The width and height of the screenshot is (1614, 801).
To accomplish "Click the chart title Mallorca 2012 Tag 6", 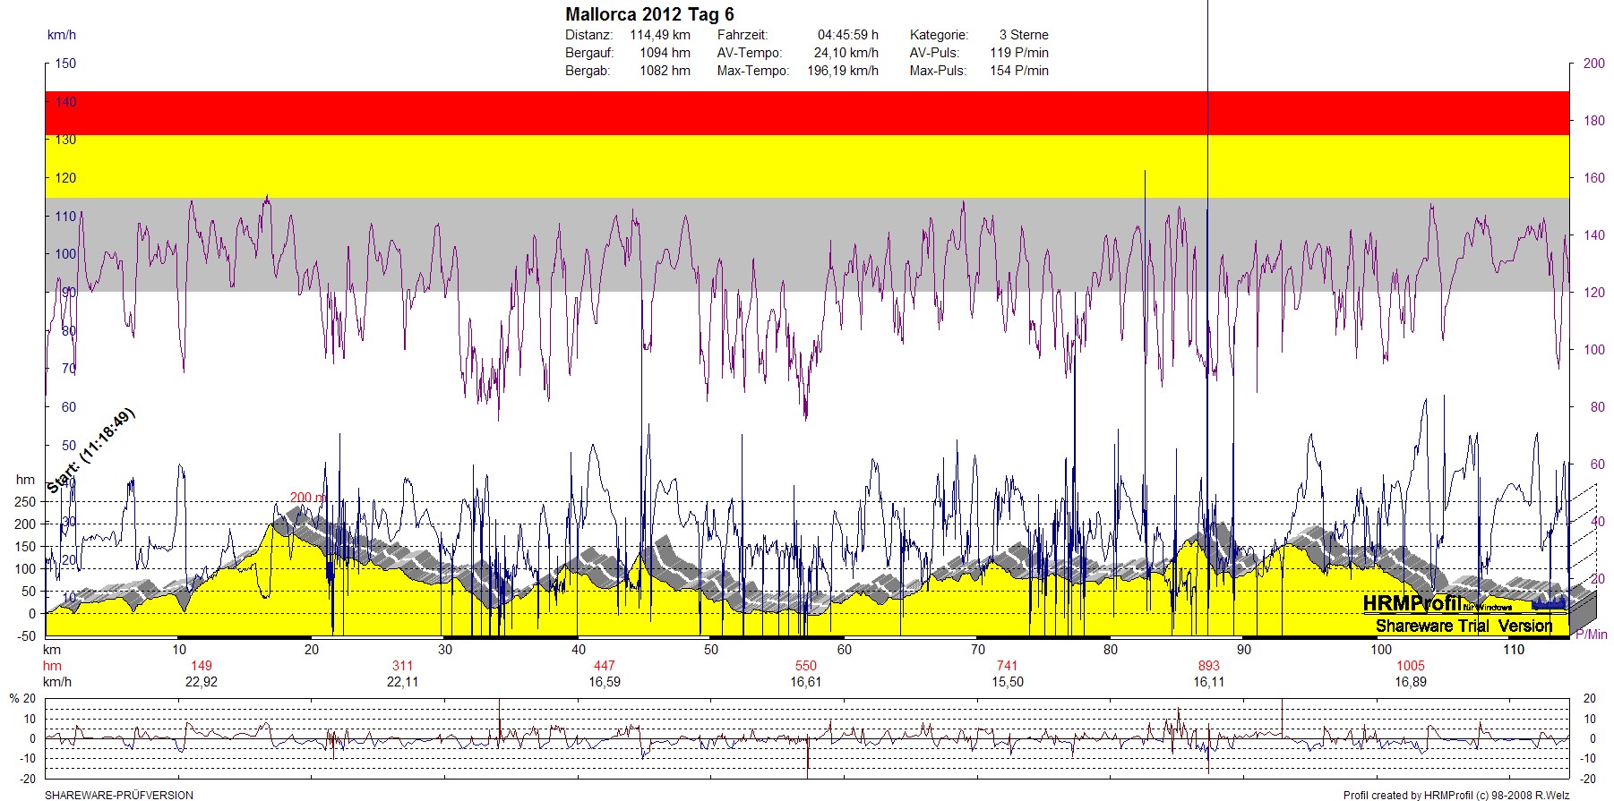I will (649, 14).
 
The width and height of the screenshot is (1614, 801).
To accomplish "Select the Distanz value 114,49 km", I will (660, 35).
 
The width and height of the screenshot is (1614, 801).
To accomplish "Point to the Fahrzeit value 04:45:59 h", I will (847, 35).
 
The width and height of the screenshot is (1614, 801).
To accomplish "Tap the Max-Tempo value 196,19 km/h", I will (842, 71).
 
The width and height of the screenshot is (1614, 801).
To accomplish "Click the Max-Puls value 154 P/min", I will (1018, 71).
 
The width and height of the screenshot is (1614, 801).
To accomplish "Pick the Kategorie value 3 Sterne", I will (1024, 35).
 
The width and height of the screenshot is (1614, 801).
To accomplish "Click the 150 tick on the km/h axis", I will (65, 64).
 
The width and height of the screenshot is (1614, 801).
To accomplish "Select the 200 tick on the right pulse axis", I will (1593, 64).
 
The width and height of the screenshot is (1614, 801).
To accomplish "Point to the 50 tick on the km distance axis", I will (711, 650).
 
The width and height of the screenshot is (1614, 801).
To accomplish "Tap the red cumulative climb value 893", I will (1208, 666).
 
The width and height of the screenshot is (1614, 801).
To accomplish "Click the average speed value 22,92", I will (202, 682).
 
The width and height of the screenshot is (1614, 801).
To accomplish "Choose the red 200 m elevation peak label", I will (307, 498).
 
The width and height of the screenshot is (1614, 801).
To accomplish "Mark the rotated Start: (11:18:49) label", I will (90, 450).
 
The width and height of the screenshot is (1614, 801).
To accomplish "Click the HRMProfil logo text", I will (1412, 604).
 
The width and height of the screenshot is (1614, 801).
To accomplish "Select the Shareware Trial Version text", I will (1464, 626).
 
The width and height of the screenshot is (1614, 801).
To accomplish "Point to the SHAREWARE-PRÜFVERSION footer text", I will (119, 795).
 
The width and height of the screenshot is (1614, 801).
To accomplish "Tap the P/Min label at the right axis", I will (1591, 635).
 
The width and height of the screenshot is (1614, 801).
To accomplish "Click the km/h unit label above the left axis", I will (62, 35).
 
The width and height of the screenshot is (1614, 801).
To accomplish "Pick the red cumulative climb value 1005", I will (1410, 666).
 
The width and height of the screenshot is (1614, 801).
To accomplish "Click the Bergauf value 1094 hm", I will (665, 53).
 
